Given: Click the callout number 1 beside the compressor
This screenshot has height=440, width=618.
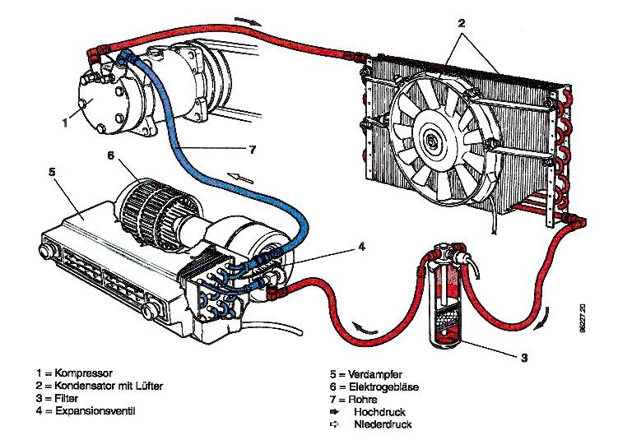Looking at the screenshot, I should point(65,124).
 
